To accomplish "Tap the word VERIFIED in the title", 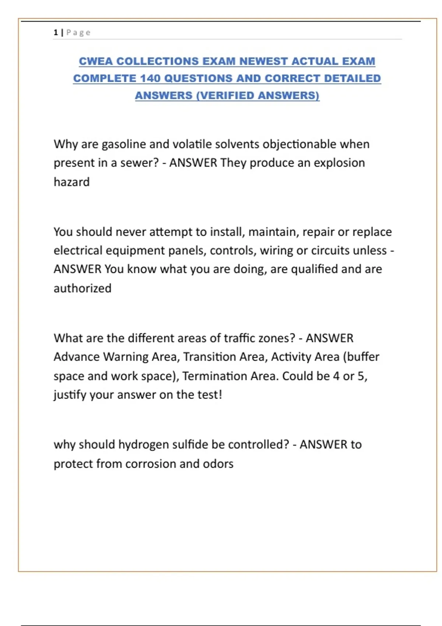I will coord(227,95).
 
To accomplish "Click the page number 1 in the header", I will coord(56,32).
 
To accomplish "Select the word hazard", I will coord(71,182).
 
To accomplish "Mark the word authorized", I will coord(83,288).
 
